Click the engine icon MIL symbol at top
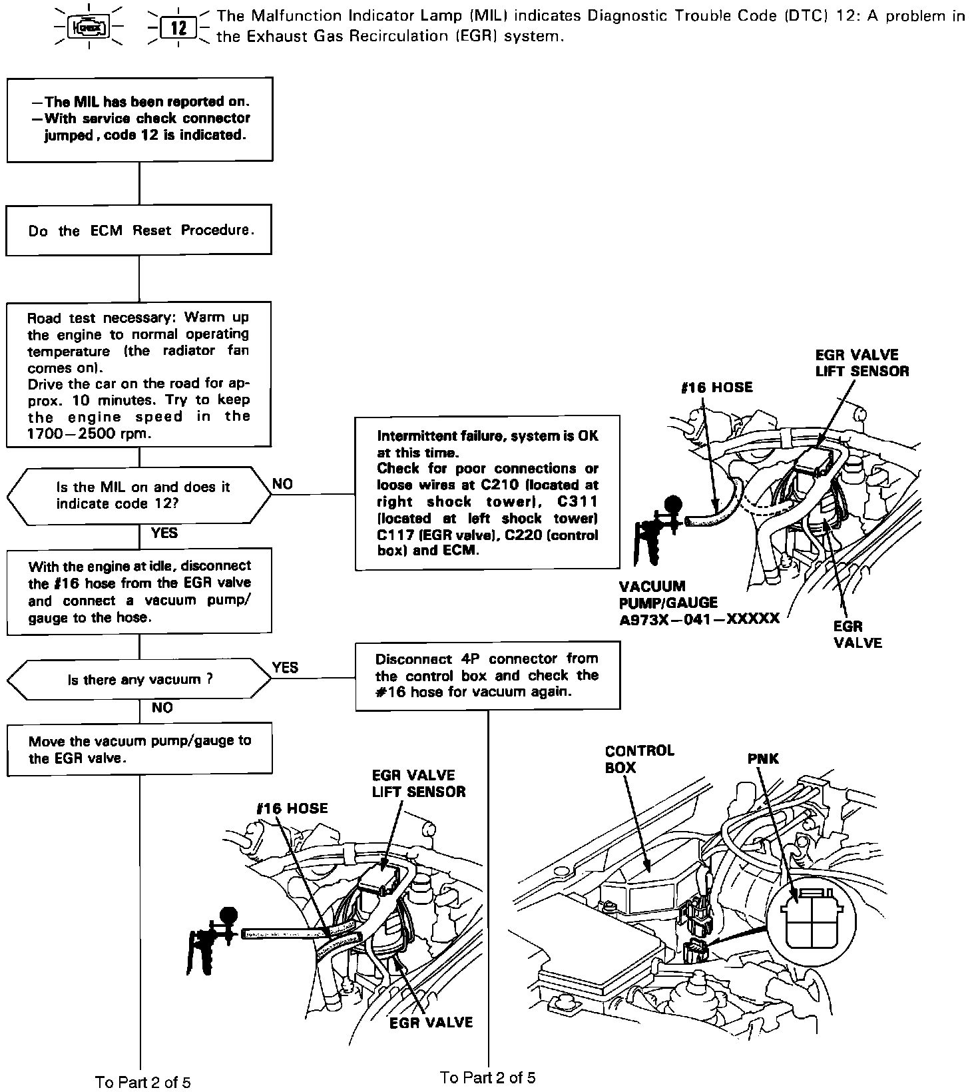point(89,28)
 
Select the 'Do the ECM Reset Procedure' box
point(139,230)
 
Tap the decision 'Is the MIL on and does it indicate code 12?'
point(139,495)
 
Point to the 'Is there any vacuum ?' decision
point(139,680)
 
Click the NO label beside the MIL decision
point(283,484)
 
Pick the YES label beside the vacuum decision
point(286,668)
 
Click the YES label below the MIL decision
point(164,533)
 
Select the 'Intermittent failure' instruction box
point(487,493)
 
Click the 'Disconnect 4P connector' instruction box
point(487,675)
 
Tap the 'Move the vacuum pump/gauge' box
point(139,749)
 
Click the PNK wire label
point(763,758)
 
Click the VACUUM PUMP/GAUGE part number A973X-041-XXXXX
point(699,619)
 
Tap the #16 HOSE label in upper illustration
point(717,388)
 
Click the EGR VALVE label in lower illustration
point(431,1022)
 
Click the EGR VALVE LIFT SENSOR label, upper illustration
point(861,363)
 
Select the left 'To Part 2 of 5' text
point(142,1082)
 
